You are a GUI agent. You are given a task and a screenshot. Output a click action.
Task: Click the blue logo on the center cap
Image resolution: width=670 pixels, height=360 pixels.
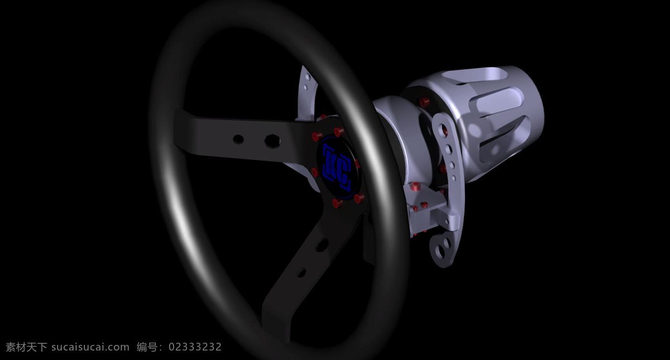(337, 168)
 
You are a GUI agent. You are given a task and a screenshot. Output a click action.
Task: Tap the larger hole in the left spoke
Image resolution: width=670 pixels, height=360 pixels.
(272, 141)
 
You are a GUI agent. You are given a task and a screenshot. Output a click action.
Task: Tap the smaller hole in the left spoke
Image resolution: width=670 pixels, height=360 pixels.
(238, 139)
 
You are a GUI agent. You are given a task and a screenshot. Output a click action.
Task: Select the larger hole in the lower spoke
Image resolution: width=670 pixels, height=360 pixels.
(322, 245)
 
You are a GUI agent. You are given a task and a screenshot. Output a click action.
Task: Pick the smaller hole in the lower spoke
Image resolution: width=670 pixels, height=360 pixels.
(303, 273)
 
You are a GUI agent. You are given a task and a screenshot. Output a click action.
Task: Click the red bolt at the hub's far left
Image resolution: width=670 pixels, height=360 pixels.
(314, 172)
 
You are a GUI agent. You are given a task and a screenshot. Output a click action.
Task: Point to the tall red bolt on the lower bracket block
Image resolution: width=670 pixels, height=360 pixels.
(415, 186)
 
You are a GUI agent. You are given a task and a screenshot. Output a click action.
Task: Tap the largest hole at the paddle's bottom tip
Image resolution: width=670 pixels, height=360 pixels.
(439, 251)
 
